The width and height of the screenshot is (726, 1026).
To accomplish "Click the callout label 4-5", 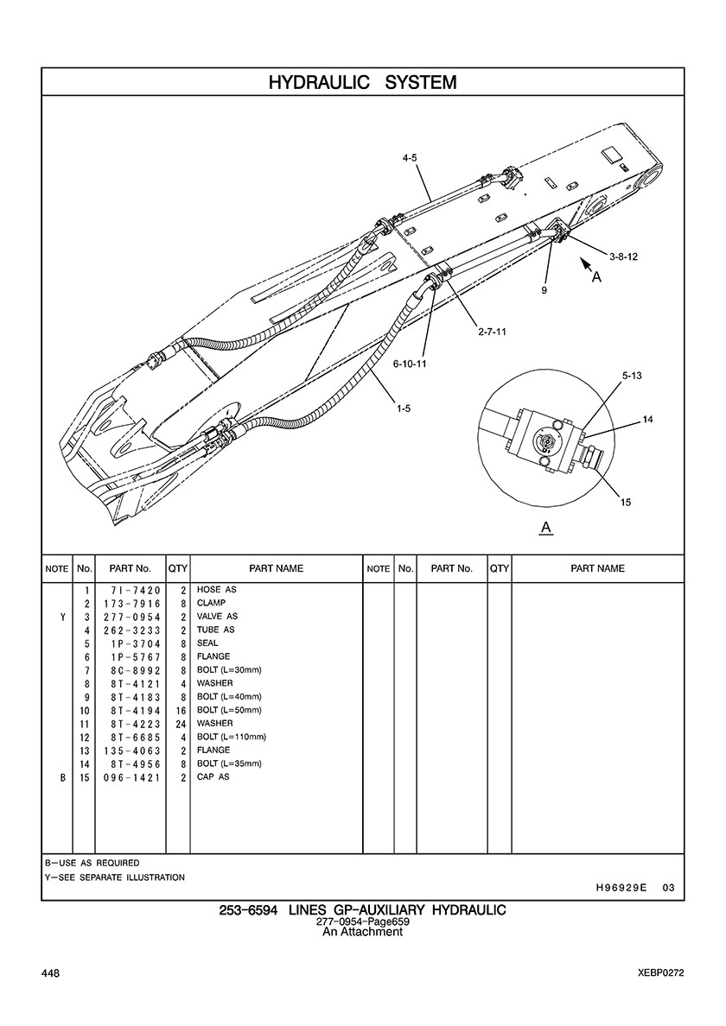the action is [x=410, y=158].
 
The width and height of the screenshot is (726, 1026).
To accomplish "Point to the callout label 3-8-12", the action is [x=623, y=256].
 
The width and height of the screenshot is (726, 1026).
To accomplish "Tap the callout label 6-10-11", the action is [x=410, y=363].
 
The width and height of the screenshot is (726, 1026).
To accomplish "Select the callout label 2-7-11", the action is [x=492, y=332].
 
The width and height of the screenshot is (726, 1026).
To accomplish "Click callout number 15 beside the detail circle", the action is [x=626, y=503].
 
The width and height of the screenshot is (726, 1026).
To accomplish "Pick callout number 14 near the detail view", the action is [x=647, y=420].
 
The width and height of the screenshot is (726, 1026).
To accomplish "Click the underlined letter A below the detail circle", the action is [x=546, y=528].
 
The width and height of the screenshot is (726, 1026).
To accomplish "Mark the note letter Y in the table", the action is [x=63, y=617].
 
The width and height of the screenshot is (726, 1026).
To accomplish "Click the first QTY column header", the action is [x=178, y=568].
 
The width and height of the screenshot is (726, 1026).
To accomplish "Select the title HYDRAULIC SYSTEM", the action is [x=363, y=82].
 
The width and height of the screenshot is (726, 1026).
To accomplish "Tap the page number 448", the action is [x=50, y=973].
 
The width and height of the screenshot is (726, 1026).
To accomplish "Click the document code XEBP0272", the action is [x=661, y=973].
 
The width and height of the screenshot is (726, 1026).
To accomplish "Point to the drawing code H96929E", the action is [x=621, y=887].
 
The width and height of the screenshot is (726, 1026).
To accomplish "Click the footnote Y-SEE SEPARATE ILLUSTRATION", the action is [x=115, y=877].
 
